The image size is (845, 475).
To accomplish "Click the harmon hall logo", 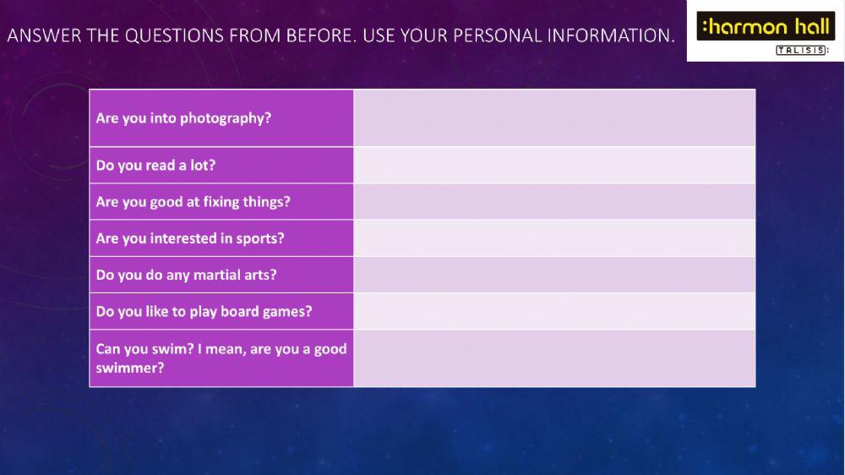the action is point(765,26).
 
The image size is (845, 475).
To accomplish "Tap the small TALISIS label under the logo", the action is point(801,50).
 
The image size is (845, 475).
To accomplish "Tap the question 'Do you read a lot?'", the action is point(155,165).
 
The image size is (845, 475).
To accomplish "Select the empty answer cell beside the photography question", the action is point(554,118).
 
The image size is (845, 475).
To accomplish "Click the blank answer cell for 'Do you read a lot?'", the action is point(554,165).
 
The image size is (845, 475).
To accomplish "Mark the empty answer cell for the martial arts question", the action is point(554,275).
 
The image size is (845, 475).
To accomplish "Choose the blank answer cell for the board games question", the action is point(554,311).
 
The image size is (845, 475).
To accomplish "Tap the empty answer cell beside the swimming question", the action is point(554,358).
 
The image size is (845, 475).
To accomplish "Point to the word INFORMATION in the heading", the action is point(611,35).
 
